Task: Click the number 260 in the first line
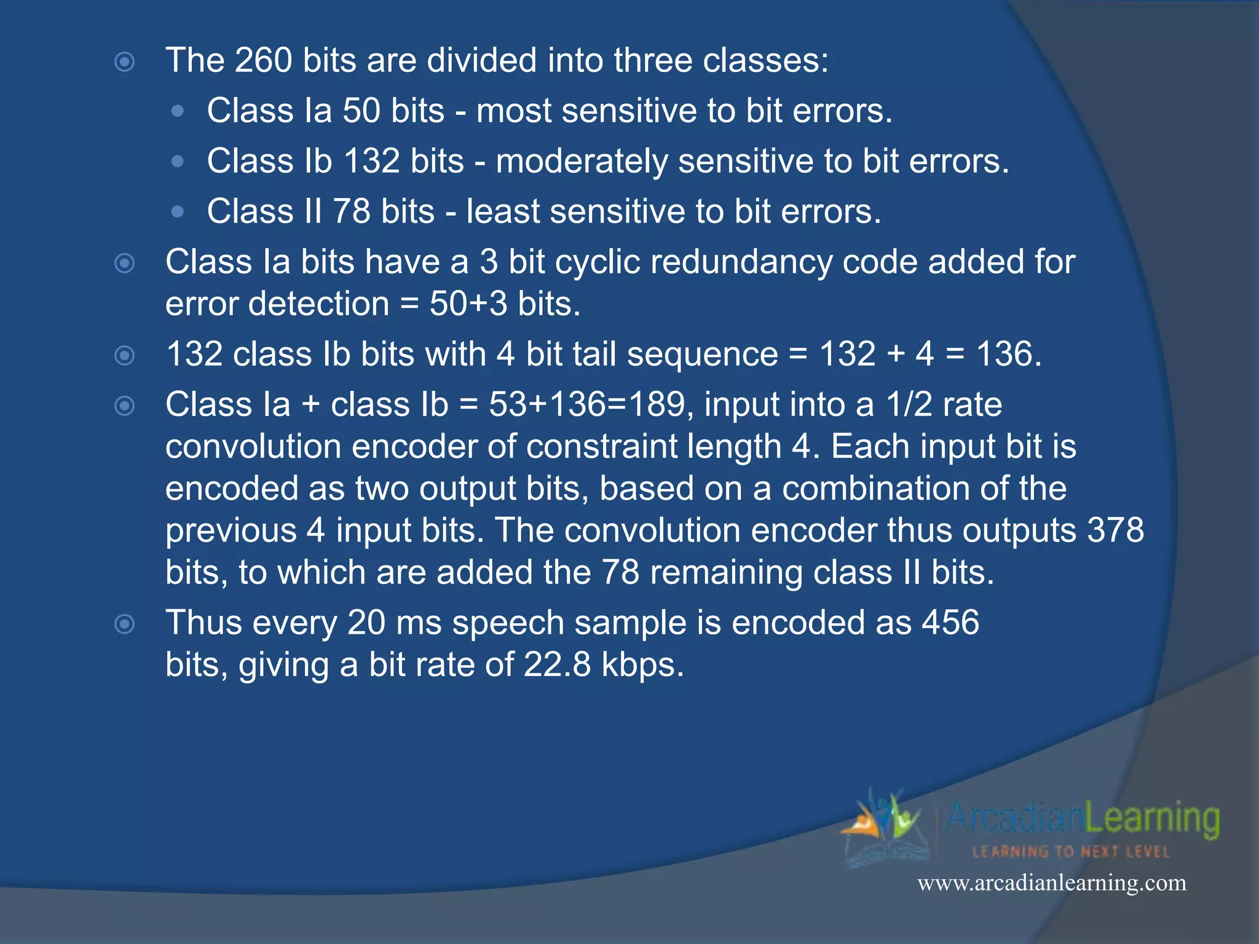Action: pyautogui.click(x=263, y=61)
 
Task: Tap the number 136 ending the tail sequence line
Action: pyautogui.click(x=1008, y=355)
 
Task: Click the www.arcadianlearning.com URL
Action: pyautogui.click(x=1051, y=883)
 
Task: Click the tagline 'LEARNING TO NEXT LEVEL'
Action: pyautogui.click(x=1071, y=852)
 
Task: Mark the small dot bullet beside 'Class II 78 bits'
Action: pyautogui.click(x=178, y=212)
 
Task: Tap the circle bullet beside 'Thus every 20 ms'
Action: pyautogui.click(x=125, y=624)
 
